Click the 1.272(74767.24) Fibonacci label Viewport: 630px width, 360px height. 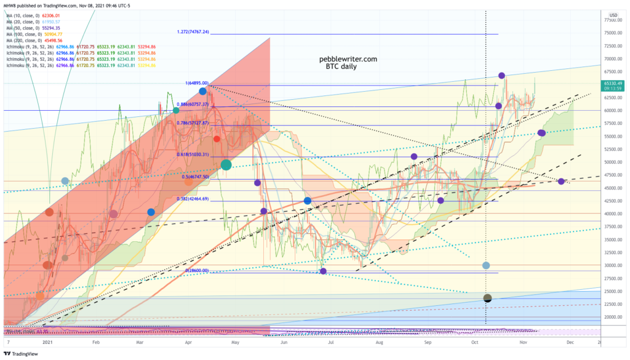click(x=193, y=31)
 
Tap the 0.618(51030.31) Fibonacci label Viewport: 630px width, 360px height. click(x=193, y=154)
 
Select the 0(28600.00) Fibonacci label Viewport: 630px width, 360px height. click(x=197, y=271)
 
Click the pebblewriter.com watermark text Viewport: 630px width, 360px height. click(x=348, y=60)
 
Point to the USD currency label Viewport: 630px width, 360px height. click(x=613, y=15)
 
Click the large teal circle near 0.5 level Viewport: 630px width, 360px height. click(x=226, y=164)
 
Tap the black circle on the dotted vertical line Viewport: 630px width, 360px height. click(x=487, y=298)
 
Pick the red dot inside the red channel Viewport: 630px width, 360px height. click(x=217, y=139)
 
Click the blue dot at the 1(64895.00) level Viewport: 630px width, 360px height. click(x=202, y=91)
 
